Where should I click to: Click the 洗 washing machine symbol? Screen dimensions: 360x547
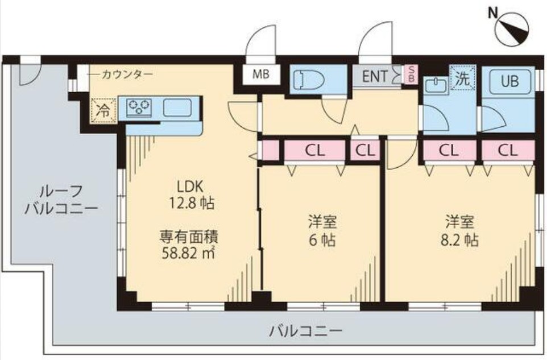pyautogui.click(x=462, y=79)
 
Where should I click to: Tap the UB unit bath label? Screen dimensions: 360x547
pyautogui.click(x=509, y=81)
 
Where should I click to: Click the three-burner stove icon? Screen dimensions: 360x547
pyautogui.click(x=139, y=107)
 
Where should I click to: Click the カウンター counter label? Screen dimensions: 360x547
pyautogui.click(x=127, y=74)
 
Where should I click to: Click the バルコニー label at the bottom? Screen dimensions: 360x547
pyautogui.click(x=305, y=330)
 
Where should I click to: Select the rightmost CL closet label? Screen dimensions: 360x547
pyautogui.click(x=508, y=151)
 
